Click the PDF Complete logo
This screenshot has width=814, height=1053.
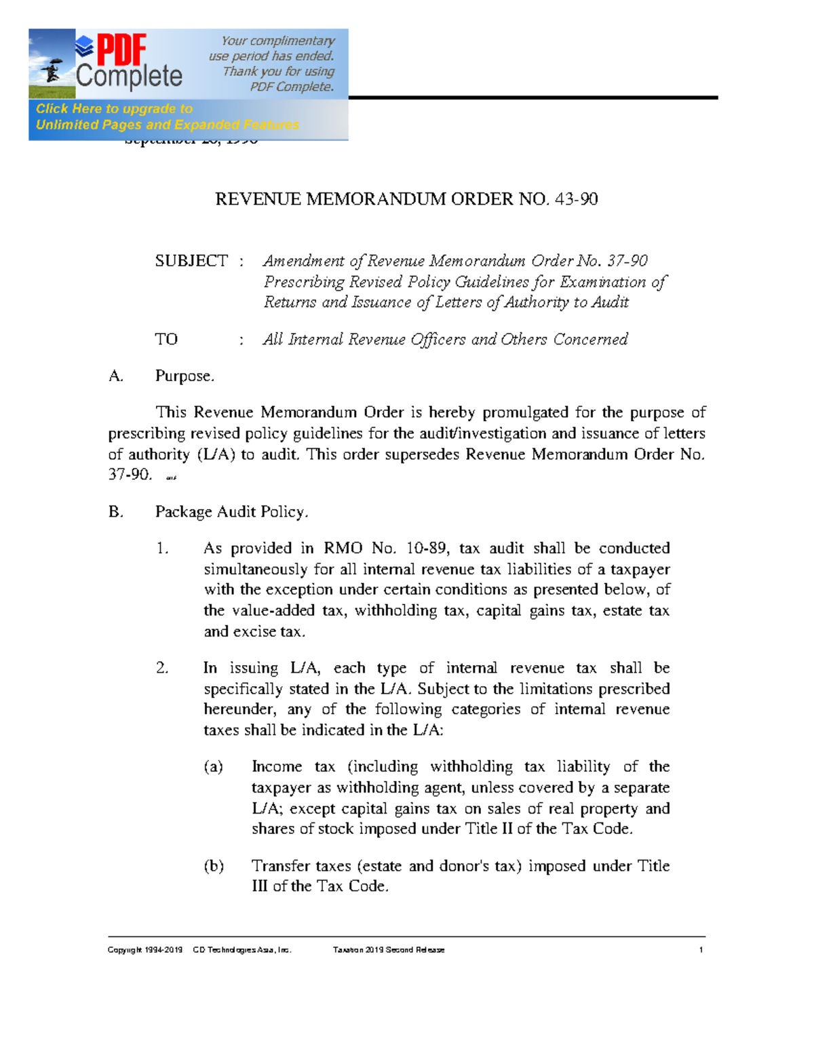point(129,63)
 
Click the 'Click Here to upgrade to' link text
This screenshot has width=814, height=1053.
point(114,108)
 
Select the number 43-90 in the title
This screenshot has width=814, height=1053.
point(576,199)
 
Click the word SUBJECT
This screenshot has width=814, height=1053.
point(191,261)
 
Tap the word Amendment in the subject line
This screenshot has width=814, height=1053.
point(304,261)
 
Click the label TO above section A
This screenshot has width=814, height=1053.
point(166,339)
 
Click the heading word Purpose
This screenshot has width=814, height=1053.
point(184,376)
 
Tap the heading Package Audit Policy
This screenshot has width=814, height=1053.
point(231,512)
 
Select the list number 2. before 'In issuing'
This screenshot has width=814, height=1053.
point(161,668)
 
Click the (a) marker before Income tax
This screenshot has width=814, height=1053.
point(214,767)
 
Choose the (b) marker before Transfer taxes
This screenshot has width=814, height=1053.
point(214,866)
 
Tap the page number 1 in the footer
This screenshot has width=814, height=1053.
point(701,950)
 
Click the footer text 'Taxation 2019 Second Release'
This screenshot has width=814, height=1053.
point(389,950)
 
